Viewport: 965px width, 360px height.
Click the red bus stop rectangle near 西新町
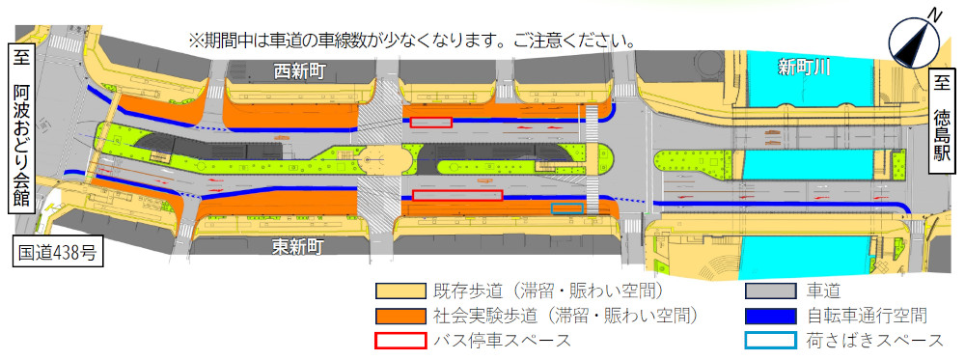[x=430, y=123]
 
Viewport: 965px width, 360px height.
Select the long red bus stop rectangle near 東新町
[x=457, y=195]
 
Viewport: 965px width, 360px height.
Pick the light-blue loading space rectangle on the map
[x=567, y=208]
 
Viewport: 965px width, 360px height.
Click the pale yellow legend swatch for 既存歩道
[x=400, y=290]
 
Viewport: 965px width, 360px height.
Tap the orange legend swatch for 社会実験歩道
[x=400, y=315]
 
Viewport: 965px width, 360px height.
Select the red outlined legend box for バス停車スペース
[x=400, y=340]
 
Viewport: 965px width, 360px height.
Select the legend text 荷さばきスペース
[x=874, y=340]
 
